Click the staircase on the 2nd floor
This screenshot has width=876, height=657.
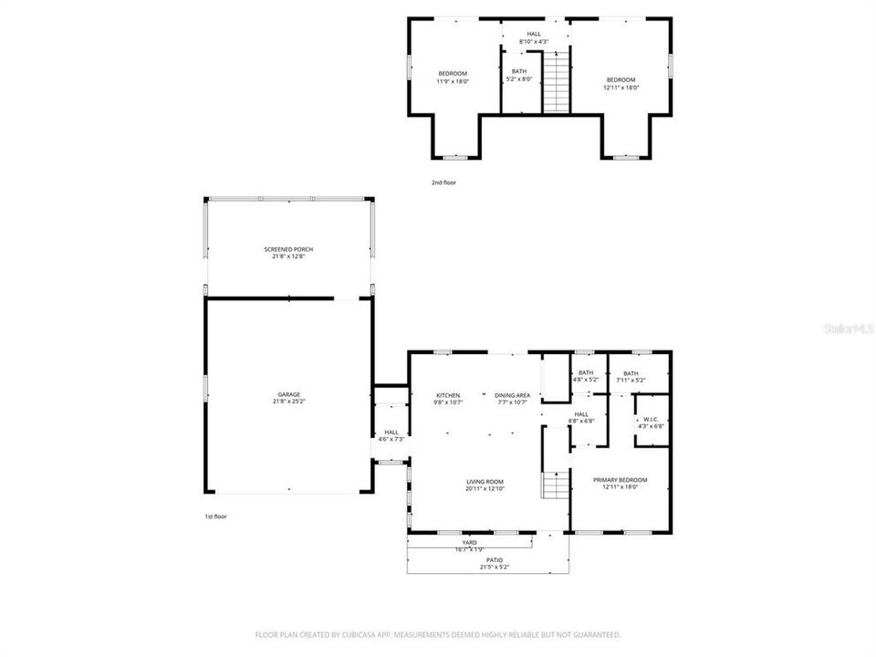pyautogui.click(x=556, y=81)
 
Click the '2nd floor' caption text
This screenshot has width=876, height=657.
pyautogui.click(x=443, y=182)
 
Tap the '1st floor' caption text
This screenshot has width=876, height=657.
pyautogui.click(x=215, y=516)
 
